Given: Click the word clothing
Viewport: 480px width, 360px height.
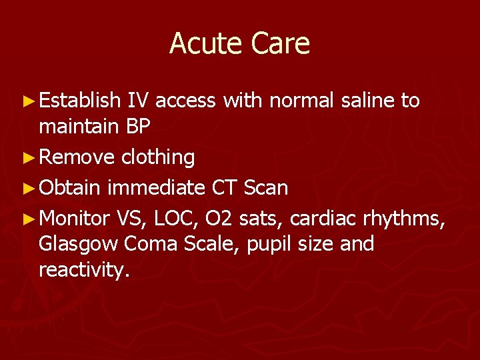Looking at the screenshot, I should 158,158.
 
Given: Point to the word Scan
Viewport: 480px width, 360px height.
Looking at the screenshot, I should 265,188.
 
